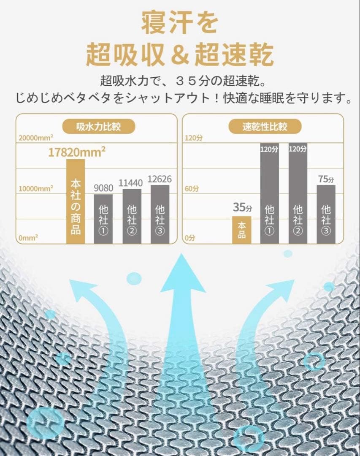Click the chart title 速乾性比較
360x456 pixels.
(265, 126)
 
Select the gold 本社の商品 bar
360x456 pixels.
(76, 201)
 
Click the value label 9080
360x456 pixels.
(103, 187)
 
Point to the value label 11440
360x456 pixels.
(132, 182)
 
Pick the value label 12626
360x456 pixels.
(160, 179)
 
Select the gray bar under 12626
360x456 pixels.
(160, 214)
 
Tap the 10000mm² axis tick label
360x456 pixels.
(36, 188)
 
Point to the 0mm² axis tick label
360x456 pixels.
(28, 238)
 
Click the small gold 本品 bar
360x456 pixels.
(241, 230)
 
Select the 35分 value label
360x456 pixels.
(242, 208)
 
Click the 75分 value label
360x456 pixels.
(326, 179)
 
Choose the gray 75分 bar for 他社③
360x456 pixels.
(326, 214)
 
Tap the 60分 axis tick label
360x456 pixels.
(191, 188)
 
